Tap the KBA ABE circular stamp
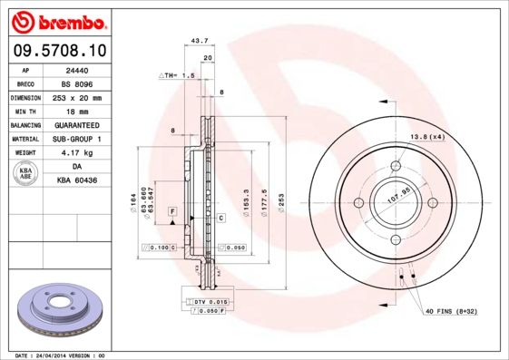coord(25,173)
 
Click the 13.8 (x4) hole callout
coord(426,136)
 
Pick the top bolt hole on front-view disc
coord(396,166)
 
